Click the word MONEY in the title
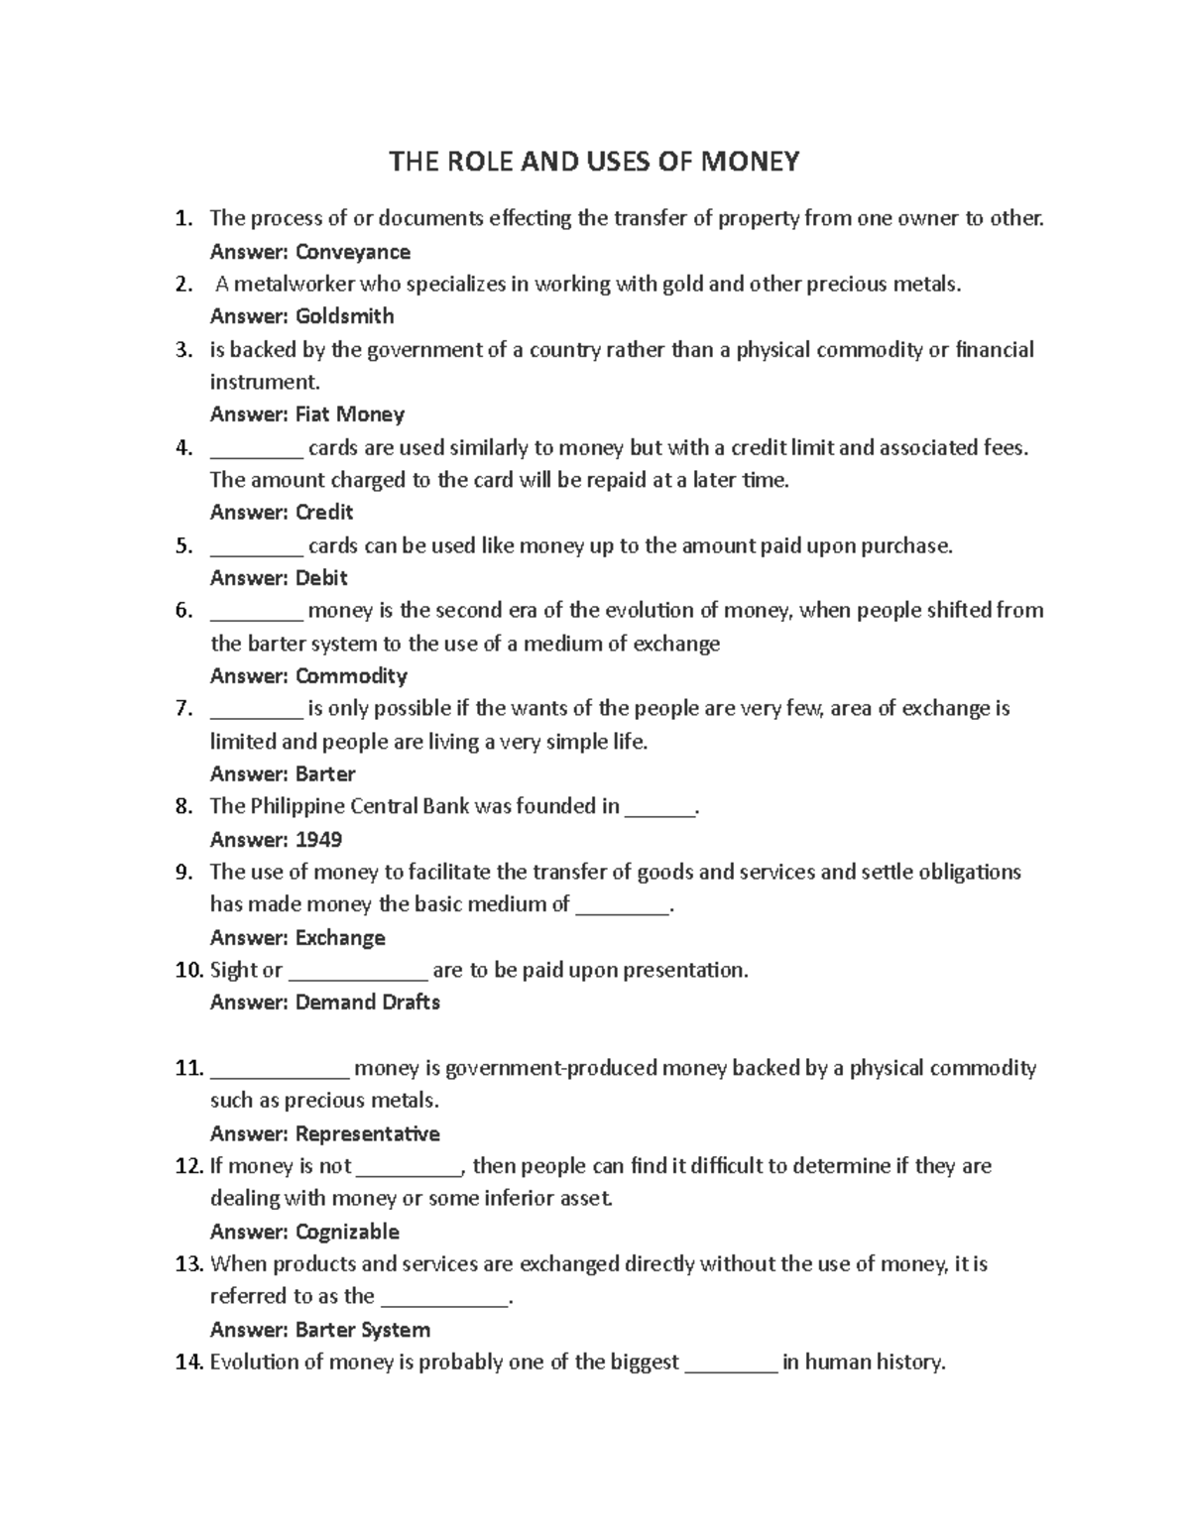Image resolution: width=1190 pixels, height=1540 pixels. (x=750, y=162)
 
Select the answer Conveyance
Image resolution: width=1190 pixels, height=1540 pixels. (x=352, y=252)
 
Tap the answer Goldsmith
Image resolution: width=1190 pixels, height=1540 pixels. (x=344, y=316)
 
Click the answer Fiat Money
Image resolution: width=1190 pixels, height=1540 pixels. (x=349, y=415)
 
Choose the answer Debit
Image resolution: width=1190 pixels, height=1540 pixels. (x=321, y=578)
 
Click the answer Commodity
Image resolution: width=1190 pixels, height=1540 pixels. (x=351, y=676)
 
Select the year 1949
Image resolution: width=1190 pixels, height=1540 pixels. (x=318, y=840)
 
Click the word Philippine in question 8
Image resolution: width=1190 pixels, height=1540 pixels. (x=295, y=806)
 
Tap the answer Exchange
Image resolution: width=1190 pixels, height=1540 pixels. (x=340, y=938)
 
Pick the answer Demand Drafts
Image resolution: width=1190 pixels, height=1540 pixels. (x=367, y=1003)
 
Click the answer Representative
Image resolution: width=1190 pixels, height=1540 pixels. (x=367, y=1133)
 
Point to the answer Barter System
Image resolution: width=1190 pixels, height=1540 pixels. (x=362, y=1330)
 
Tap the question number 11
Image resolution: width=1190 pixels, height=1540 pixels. (x=188, y=1068)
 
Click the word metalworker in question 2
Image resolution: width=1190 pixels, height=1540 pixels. (x=294, y=285)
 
